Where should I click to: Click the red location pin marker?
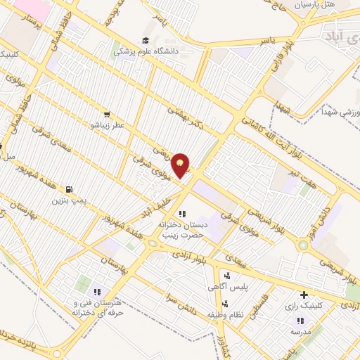[x=181, y=165]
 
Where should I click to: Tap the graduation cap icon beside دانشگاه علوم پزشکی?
[x=146, y=41]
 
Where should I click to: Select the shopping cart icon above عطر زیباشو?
[x=106, y=114]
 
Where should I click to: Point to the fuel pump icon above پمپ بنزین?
[x=68, y=189]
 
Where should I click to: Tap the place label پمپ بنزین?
[x=68, y=200]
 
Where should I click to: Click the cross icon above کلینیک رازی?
[x=304, y=295]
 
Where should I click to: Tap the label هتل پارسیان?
[x=333, y=5]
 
